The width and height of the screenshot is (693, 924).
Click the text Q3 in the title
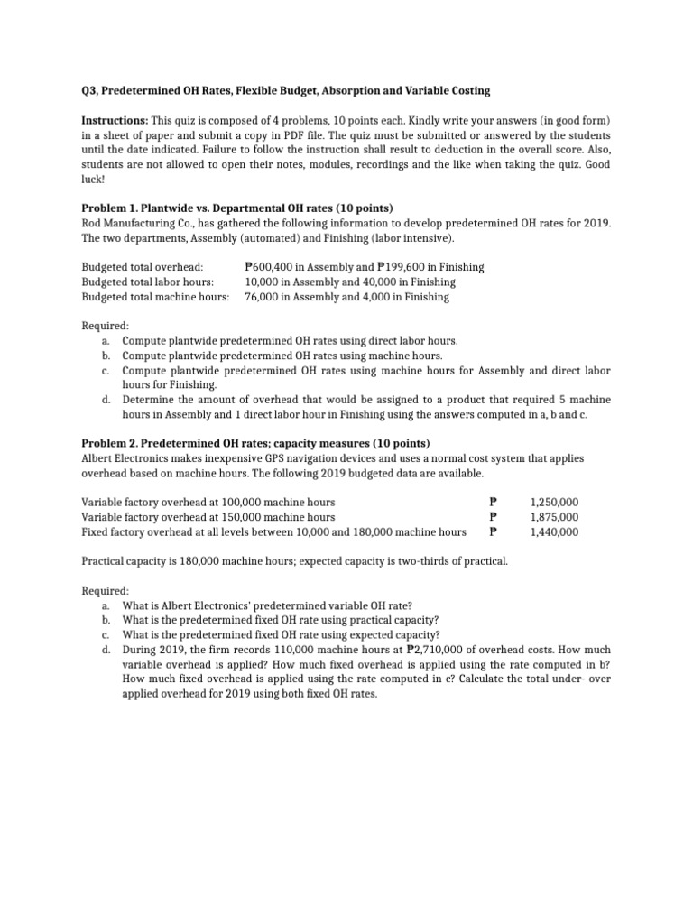[x=90, y=91]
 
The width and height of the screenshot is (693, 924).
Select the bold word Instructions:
[x=115, y=120]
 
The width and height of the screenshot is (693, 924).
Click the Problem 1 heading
[x=237, y=208]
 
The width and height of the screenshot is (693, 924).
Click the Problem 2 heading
[x=255, y=443]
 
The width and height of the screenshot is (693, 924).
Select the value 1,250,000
[x=555, y=502]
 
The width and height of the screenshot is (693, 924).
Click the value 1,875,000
[x=555, y=517]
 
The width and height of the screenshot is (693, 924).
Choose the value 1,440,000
[x=555, y=531]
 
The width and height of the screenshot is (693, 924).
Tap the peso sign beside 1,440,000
[x=493, y=531]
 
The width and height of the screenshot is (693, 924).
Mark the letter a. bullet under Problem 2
[x=106, y=605]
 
